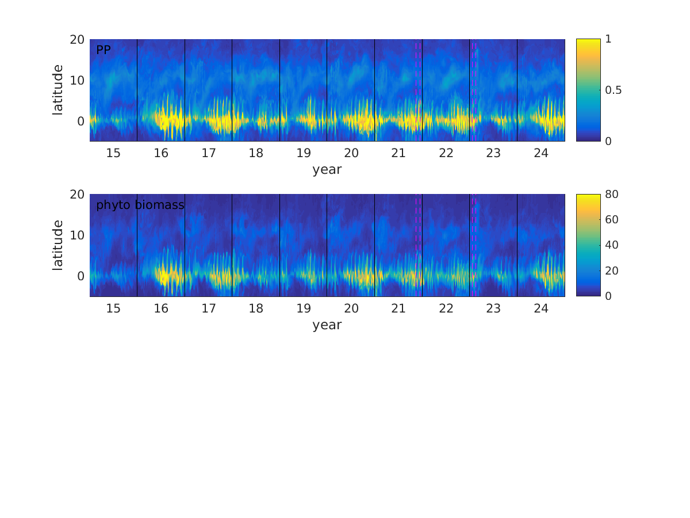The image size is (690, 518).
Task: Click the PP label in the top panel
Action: point(103,50)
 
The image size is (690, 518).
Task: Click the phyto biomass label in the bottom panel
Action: point(140,205)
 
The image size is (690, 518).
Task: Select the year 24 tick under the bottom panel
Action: point(541,308)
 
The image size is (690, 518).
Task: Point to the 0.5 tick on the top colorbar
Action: point(614,90)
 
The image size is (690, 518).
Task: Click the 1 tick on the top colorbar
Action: point(608,39)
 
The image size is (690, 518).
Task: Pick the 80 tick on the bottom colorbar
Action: point(611,195)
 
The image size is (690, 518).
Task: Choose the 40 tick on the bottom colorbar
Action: point(611,245)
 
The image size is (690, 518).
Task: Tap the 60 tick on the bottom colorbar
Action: point(611,220)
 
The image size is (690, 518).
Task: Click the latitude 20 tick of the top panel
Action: point(78,40)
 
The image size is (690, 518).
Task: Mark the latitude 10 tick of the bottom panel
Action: point(78,235)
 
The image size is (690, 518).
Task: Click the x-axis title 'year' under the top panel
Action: point(327,170)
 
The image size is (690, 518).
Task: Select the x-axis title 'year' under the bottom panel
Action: point(327,325)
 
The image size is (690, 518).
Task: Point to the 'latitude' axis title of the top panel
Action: point(58,90)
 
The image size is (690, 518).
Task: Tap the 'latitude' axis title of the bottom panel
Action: point(58,245)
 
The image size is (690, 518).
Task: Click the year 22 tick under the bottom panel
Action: point(446,308)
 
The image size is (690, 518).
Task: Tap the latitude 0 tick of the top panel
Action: point(81,121)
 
